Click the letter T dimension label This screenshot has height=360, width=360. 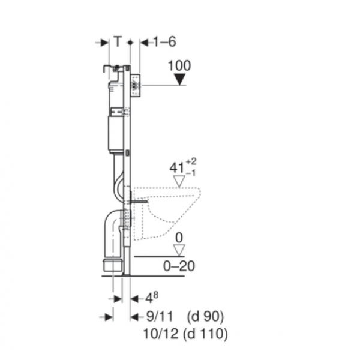[118, 41]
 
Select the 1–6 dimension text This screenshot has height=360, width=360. [164, 42]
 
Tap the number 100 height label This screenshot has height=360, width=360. [179, 65]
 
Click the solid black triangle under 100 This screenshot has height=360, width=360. [179, 79]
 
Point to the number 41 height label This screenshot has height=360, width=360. [177, 168]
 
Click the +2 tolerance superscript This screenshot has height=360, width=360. [191, 161]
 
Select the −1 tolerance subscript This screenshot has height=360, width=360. [191, 173]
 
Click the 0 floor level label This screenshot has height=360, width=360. [179, 238]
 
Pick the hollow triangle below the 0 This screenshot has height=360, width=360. [179, 250]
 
